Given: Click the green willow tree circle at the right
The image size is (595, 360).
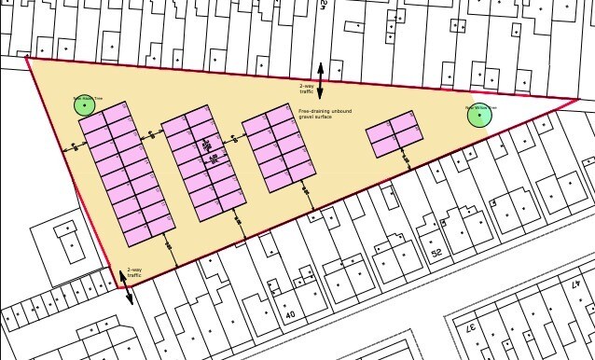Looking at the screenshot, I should [x=479, y=114].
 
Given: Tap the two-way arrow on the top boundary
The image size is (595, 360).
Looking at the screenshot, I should [x=320, y=80].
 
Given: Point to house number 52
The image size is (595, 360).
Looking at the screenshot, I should [x=436, y=253].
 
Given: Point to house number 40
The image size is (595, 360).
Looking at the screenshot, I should [x=289, y=316].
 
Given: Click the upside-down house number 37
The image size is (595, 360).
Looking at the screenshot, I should [x=470, y=330].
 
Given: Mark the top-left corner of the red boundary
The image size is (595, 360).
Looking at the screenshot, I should [x=27, y=58].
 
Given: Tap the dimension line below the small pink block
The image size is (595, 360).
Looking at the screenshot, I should [x=407, y=161].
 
